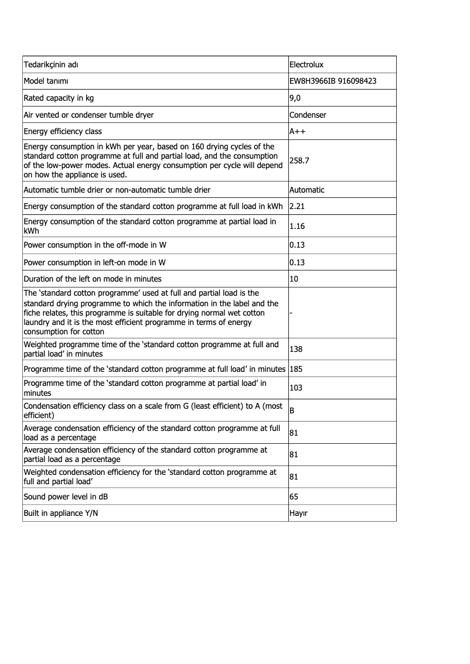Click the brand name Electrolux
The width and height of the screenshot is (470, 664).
(x=308, y=64)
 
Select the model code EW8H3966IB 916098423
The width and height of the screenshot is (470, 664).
(x=333, y=81)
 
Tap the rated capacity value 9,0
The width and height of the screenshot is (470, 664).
(x=295, y=98)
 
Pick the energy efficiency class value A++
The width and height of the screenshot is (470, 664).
(x=298, y=131)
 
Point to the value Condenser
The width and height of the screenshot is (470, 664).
(x=308, y=115)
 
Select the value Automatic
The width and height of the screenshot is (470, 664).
(x=307, y=190)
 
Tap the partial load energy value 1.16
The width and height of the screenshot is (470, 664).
(x=297, y=225)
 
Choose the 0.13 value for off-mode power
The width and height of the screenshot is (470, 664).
(x=297, y=245)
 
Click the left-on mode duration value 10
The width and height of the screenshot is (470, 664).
(x=294, y=279)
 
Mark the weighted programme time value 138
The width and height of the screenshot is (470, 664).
(x=296, y=349)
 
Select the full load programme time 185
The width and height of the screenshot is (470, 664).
(x=297, y=369)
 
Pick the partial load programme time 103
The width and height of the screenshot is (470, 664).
(x=296, y=388)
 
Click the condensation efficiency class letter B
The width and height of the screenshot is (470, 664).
(x=292, y=410)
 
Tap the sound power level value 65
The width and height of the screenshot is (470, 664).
(x=294, y=497)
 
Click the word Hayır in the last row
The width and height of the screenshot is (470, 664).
(x=299, y=513)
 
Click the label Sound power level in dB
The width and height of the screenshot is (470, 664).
(x=66, y=497)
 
